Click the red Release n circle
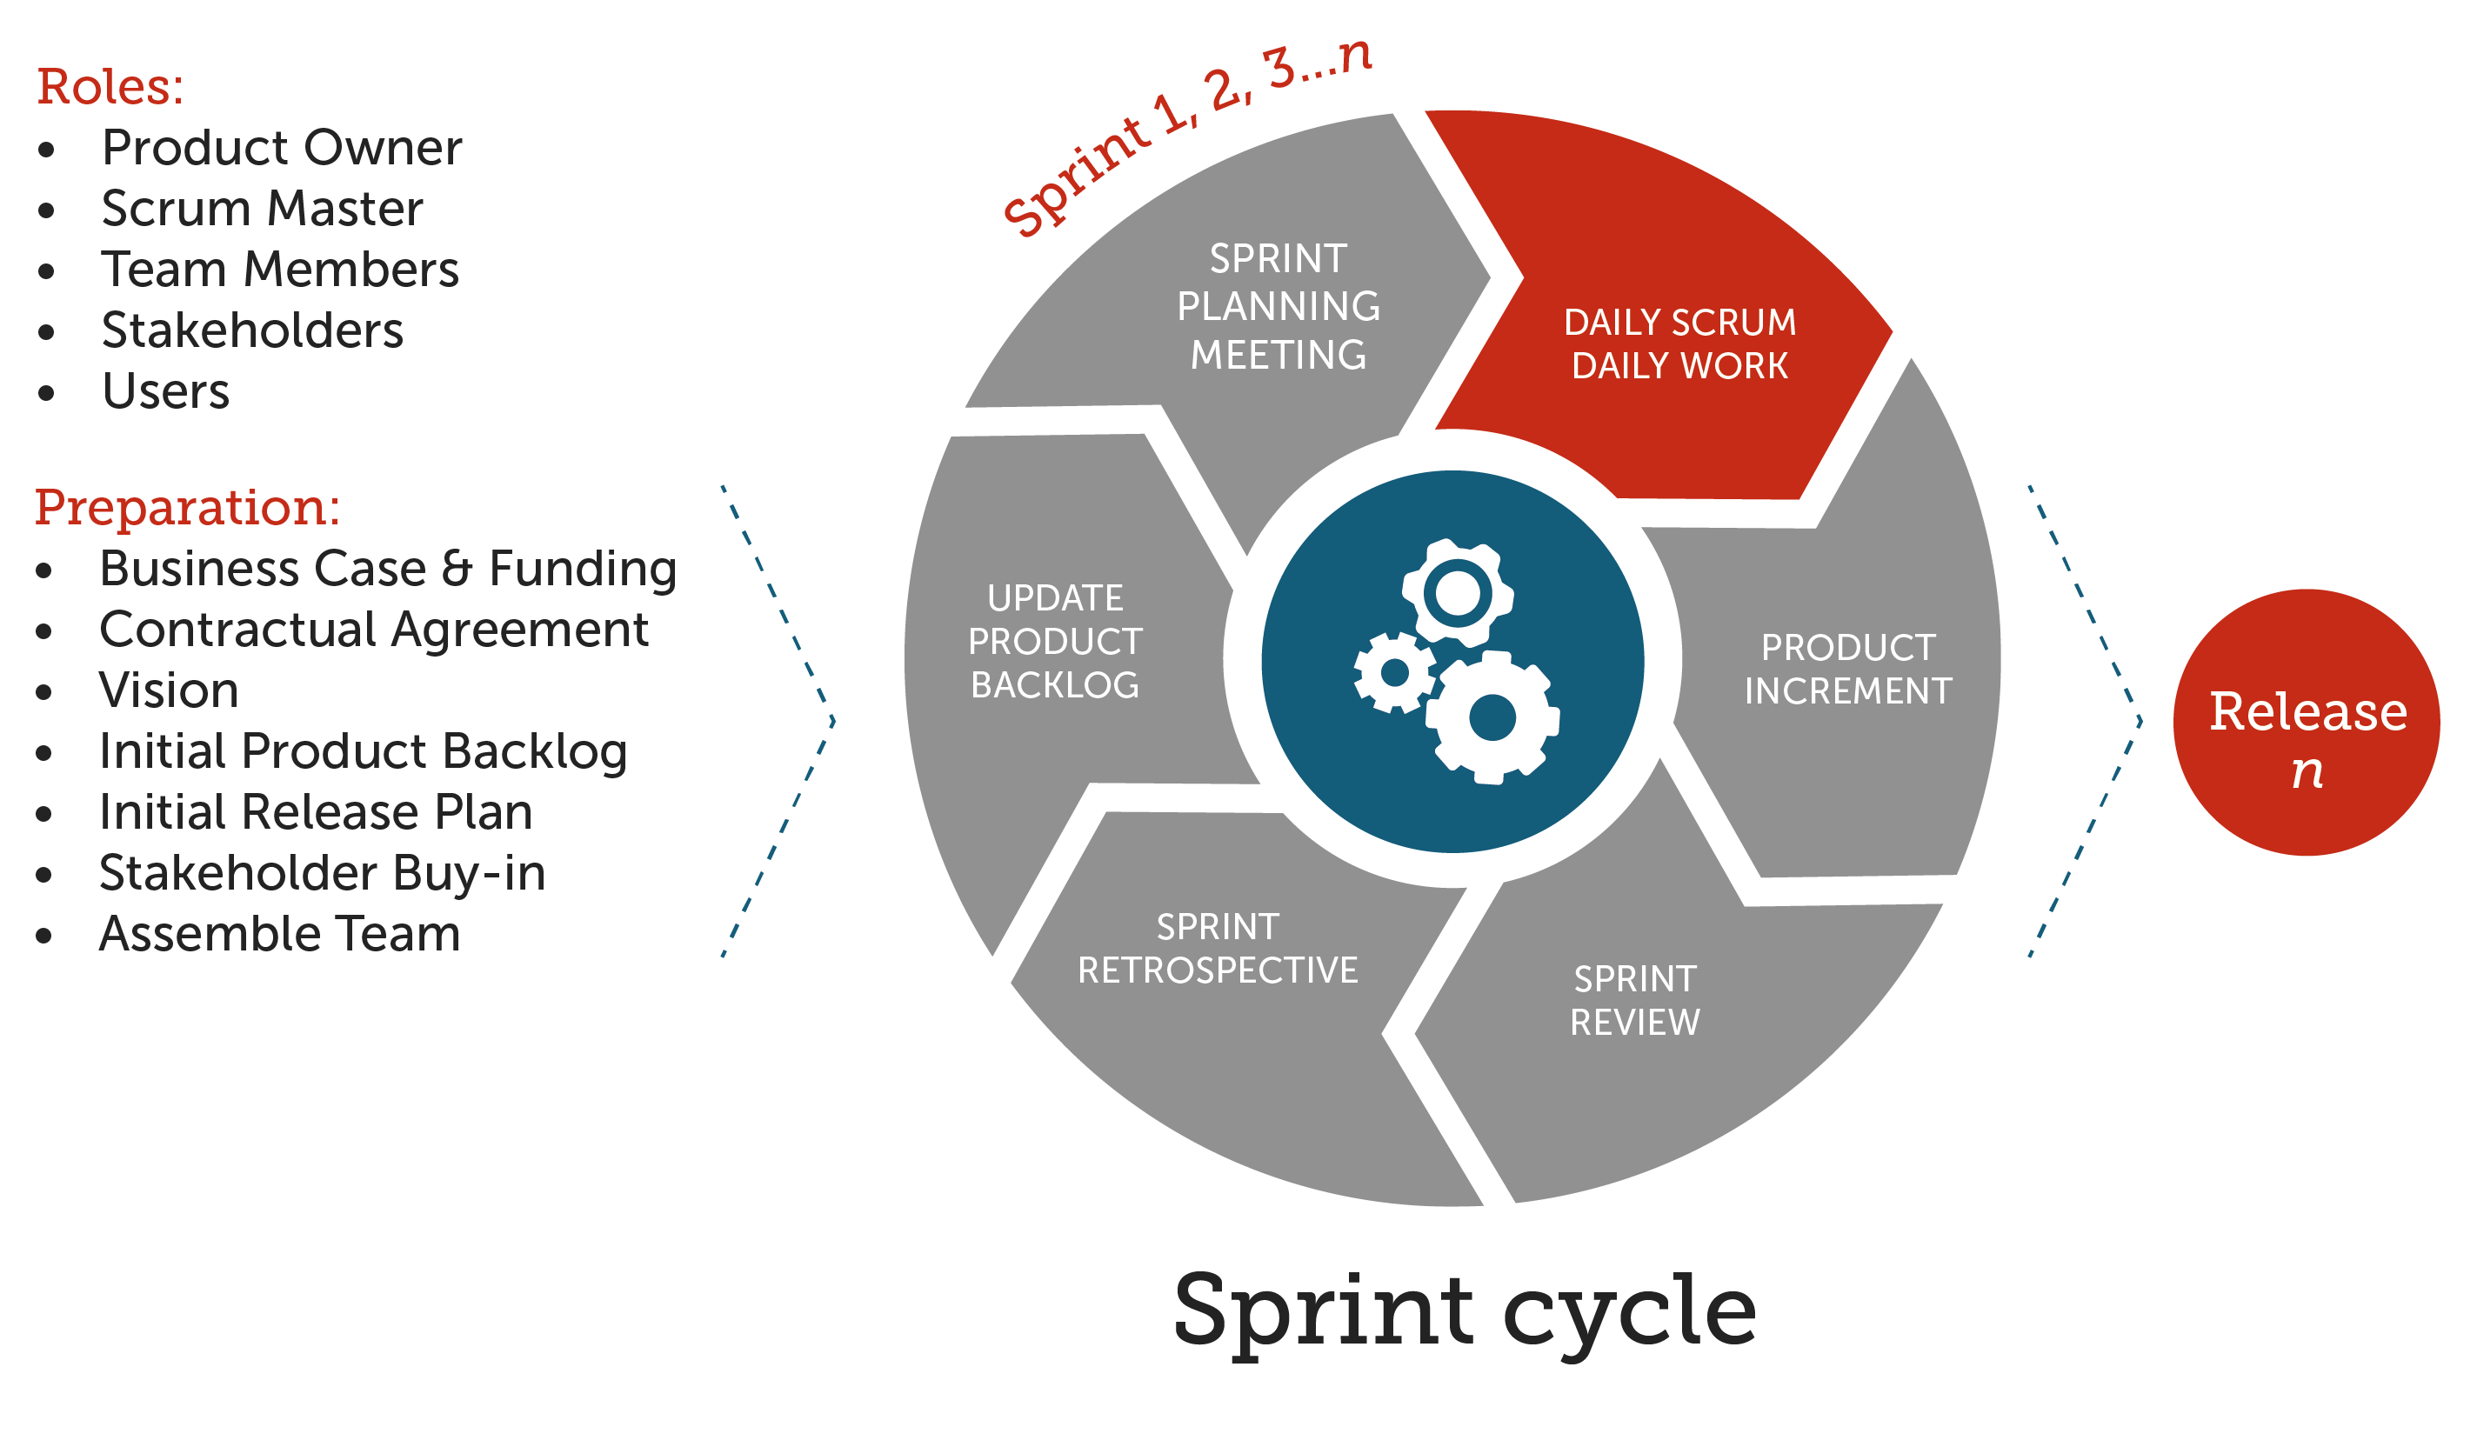click(2305, 723)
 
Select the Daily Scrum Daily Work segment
click(1679, 344)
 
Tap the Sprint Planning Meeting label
click(1278, 307)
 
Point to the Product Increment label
click(1847, 670)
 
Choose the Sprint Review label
click(1634, 1001)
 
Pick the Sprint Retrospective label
click(1217, 949)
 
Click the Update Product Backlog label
click(1055, 642)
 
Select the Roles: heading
click(110, 86)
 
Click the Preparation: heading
click(187, 507)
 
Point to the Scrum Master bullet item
click(263, 209)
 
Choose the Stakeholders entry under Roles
click(252, 330)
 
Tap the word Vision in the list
click(169, 690)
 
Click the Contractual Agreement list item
click(373, 629)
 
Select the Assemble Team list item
click(280, 934)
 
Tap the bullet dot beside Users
click(46, 393)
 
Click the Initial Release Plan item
click(316, 812)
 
